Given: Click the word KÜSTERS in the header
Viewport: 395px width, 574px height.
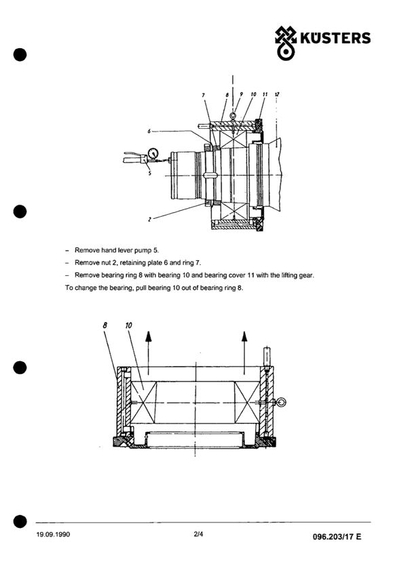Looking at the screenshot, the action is pos(335,38).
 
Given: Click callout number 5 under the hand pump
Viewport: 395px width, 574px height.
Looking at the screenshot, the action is pos(149,173).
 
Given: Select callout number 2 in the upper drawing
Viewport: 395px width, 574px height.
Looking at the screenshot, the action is pos(149,220).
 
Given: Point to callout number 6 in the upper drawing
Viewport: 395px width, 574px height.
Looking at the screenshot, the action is pos(149,131).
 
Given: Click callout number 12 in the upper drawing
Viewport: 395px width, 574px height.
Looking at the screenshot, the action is pos(277,94).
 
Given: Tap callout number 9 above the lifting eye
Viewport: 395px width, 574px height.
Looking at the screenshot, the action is pos(242,94).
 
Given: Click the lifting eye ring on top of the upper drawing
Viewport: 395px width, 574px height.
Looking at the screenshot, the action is pos(233,117).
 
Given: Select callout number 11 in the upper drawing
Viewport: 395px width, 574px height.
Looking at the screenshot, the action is pos(265,94).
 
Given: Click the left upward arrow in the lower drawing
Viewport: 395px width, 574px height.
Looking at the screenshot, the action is pos(148,352).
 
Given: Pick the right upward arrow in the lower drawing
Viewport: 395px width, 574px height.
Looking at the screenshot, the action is pos(244,352).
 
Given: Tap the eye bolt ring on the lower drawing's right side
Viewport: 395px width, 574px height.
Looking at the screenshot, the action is pos(282,403).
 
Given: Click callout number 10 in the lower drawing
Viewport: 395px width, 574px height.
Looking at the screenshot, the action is pos(128,325).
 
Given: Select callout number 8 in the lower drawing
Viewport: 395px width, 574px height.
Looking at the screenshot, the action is pos(105,325).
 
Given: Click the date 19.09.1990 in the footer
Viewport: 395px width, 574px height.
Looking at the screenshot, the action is pos(53,534).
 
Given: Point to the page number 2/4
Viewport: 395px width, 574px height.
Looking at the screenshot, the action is pos(198,534).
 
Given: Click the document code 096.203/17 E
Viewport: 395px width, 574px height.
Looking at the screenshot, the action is pos(337,537).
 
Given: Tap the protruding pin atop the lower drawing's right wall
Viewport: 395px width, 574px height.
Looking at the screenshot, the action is pos(267,356).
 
